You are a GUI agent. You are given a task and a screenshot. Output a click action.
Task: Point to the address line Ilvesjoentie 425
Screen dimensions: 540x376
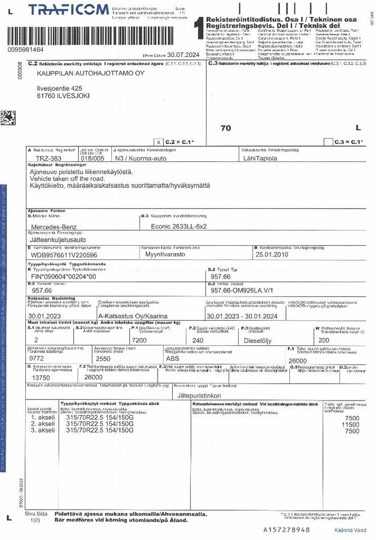(x=59, y=88)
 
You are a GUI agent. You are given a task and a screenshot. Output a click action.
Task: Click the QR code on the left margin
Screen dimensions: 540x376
(x=8, y=118)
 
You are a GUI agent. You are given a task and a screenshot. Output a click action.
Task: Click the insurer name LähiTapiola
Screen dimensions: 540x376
(x=261, y=159)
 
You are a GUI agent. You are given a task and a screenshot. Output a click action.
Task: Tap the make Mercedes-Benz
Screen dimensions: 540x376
(x=55, y=226)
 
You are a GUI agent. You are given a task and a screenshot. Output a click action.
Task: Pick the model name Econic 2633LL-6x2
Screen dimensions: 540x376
(x=178, y=226)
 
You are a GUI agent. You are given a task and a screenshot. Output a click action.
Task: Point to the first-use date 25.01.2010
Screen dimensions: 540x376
(x=271, y=254)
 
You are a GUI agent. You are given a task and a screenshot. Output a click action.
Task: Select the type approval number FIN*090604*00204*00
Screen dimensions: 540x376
(x=63, y=277)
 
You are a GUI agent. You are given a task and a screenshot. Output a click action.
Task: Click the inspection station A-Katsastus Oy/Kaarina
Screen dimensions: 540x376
(x=133, y=316)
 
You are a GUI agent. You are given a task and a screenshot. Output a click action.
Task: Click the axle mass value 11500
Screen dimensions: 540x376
(x=352, y=425)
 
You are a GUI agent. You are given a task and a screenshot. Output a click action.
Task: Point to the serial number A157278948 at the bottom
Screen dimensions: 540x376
(x=287, y=530)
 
